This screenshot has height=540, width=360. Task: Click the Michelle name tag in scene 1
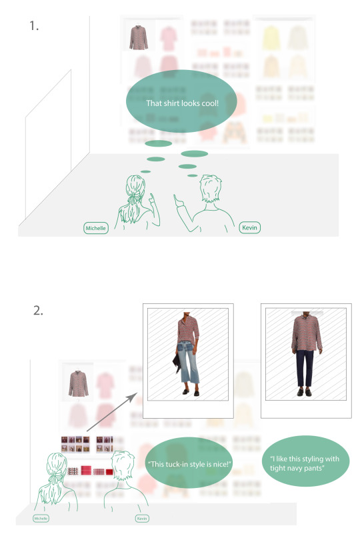pyautogui.click(x=96, y=228)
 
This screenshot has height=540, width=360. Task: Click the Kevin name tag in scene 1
pyautogui.click(x=249, y=227)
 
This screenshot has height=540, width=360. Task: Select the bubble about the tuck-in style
pyautogui.click(x=189, y=463)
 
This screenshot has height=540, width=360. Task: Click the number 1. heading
pyautogui.click(x=34, y=25)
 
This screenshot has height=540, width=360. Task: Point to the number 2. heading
pyautogui.click(x=38, y=310)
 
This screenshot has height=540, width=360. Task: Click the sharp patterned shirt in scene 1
pyautogui.click(x=139, y=37)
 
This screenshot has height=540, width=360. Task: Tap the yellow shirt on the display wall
pyautogui.click(x=271, y=38)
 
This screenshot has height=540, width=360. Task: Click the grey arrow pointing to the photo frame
pyautogui.click(x=111, y=412)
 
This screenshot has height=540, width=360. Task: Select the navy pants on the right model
pyautogui.click(x=305, y=368)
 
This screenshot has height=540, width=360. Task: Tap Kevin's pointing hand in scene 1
pyautogui.click(x=178, y=201)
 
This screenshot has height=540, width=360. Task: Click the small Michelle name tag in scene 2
pyautogui.click(x=41, y=518)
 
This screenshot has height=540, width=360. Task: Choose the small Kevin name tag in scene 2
pyautogui.click(x=142, y=518)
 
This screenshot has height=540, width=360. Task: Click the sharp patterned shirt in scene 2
pyautogui.click(x=79, y=383)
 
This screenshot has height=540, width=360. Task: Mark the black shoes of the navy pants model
pyautogui.click(x=304, y=392)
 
